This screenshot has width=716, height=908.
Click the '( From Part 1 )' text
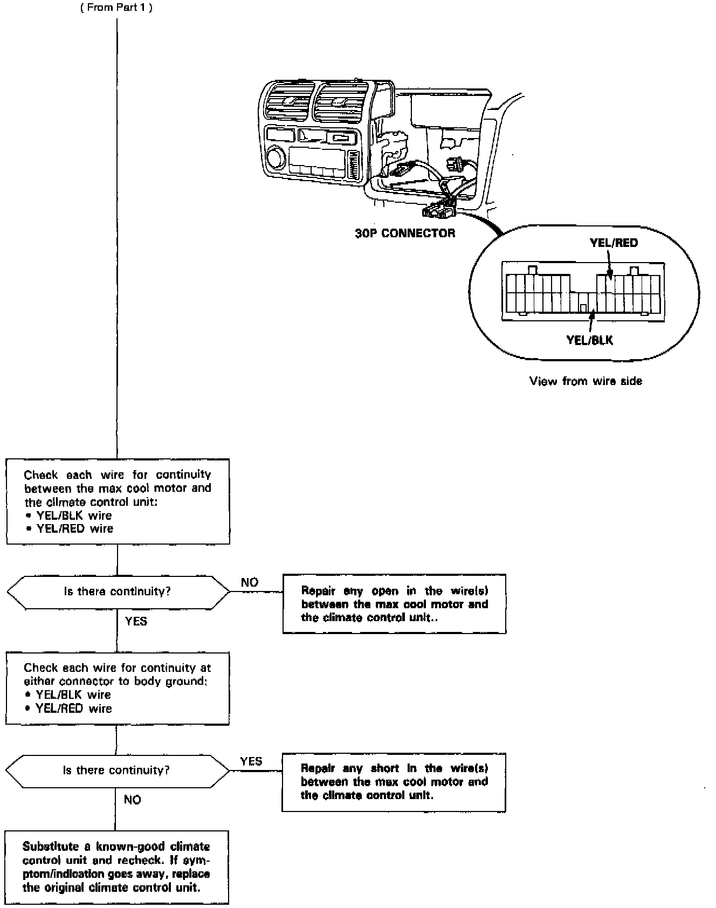point(116,9)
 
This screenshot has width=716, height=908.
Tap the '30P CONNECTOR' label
point(405,233)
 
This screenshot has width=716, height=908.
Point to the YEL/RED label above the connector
point(614,243)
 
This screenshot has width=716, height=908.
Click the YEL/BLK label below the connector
point(589,340)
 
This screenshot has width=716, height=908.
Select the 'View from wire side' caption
point(586,381)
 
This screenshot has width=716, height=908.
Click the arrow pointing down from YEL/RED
point(610,265)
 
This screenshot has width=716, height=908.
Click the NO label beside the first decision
point(250,582)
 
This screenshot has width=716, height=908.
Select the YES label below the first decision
point(136,621)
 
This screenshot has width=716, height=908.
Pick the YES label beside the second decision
point(251,761)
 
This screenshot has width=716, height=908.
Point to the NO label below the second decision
point(133,800)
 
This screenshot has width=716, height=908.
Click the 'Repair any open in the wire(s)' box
point(394,604)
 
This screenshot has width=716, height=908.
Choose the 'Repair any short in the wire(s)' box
point(394,782)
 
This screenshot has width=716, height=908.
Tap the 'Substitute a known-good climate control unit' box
point(116,867)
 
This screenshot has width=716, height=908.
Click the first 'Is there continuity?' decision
point(118,591)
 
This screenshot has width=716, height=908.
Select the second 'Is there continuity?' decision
point(116,770)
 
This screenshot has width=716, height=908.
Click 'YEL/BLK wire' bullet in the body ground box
point(73,695)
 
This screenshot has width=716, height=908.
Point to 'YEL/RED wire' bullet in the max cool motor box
point(75,528)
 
